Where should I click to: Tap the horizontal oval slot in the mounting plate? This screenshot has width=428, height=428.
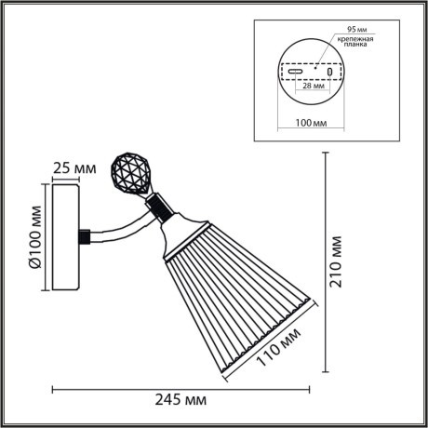[x=294, y=70]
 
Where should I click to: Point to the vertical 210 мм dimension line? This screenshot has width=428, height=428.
[x=327, y=261]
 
